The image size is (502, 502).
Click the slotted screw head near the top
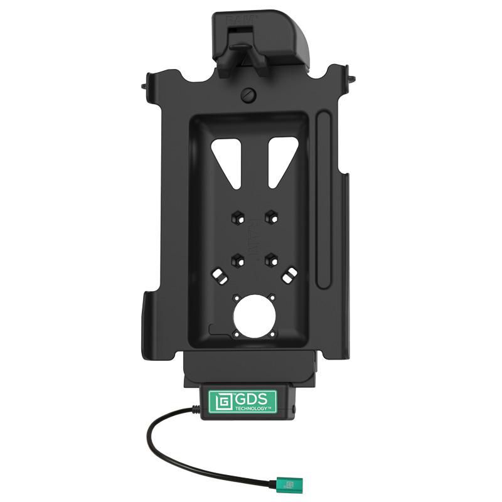coord(247,95)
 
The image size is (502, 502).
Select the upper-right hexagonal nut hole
coord(271,217)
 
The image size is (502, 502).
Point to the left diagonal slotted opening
coord(219,275)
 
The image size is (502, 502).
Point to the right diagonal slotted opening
coord(289,275)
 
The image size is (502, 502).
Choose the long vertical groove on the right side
coord(323,201)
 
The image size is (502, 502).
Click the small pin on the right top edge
coord(353,80)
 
